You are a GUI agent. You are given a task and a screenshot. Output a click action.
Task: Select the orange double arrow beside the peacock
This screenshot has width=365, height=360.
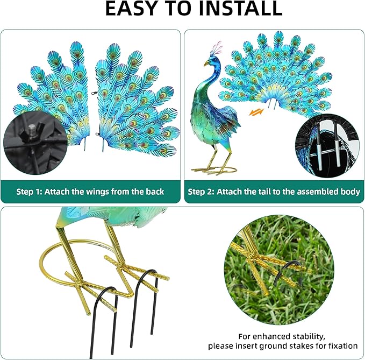[x=256, y=112]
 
